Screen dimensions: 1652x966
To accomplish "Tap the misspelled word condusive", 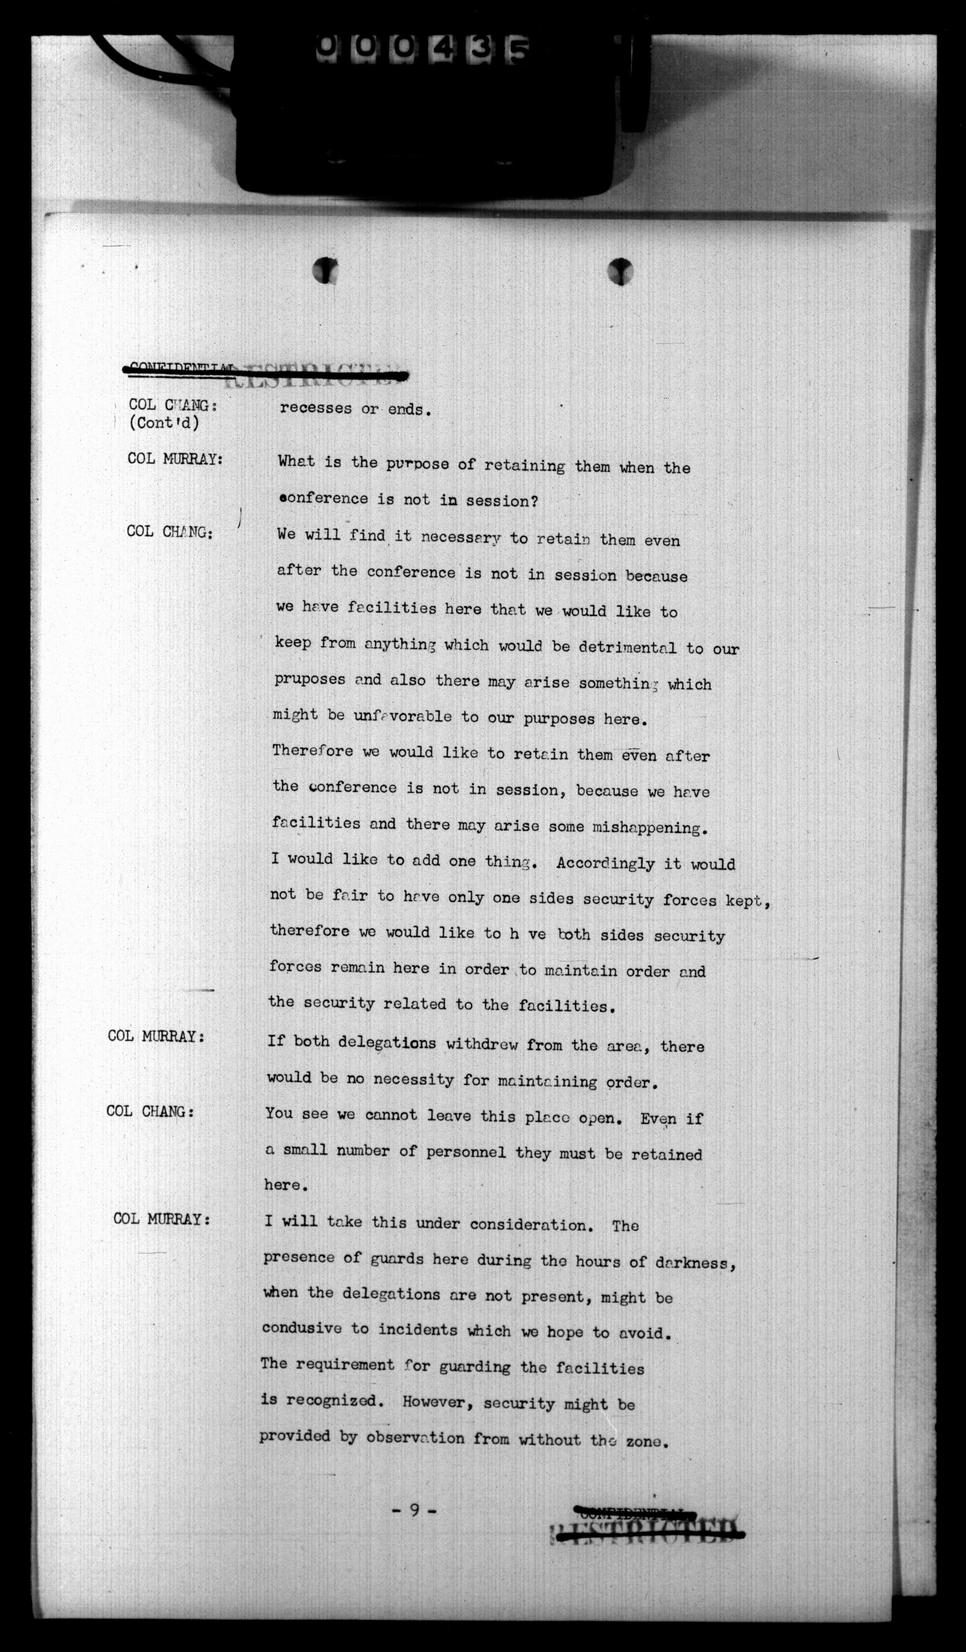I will point(302,1329).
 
